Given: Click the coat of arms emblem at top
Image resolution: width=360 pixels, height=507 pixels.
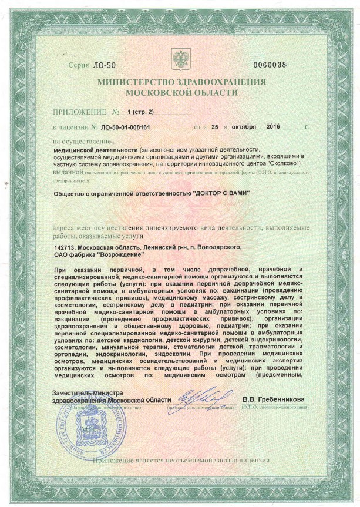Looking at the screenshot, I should tap(180, 58).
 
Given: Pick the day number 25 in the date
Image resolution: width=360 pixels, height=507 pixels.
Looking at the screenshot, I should tap(215, 126).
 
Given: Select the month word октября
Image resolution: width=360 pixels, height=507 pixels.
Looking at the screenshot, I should tap(245, 126).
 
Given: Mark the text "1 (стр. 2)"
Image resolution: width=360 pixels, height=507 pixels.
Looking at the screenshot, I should tap(139, 111).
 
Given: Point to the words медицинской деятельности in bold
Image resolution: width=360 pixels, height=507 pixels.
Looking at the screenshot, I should tap(88, 150).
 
